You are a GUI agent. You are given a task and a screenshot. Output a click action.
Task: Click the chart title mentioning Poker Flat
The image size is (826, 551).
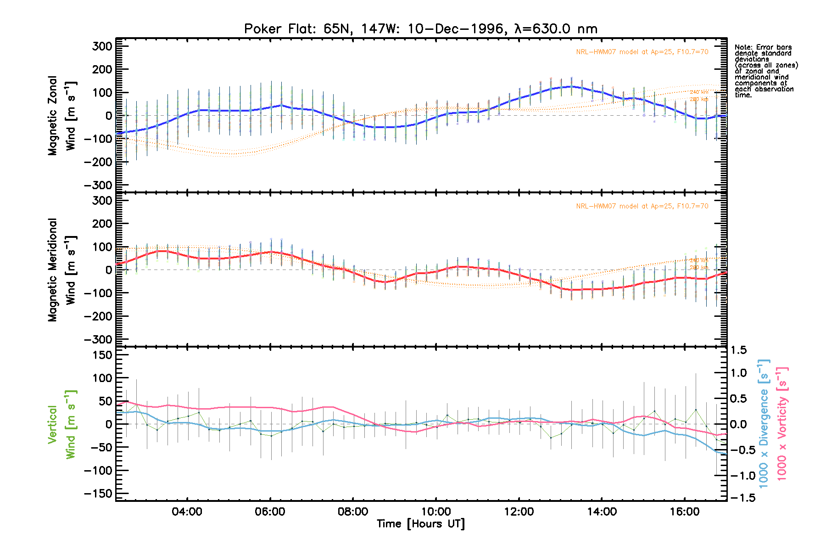(420, 29)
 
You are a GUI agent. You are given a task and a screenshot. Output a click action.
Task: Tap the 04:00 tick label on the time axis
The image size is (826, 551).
(187, 512)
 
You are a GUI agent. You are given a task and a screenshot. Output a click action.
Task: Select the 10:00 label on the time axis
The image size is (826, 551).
(435, 512)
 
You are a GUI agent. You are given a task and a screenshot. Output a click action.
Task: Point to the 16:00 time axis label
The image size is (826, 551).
(684, 512)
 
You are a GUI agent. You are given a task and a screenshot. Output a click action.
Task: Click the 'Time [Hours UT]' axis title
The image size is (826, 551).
(420, 524)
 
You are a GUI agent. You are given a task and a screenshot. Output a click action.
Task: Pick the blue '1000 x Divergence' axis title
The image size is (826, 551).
(764, 423)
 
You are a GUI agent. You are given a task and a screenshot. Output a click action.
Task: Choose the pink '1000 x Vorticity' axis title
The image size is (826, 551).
(782, 423)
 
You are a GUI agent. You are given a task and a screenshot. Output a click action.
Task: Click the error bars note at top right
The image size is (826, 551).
(765, 71)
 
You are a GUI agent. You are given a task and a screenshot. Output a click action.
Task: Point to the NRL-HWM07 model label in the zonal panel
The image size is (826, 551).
(642, 52)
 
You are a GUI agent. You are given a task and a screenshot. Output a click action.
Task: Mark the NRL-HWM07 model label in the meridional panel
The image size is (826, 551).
(642, 206)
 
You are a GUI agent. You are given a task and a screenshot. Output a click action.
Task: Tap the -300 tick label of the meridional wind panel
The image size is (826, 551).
(98, 339)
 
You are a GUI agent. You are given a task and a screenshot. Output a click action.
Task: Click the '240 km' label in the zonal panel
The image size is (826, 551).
(699, 92)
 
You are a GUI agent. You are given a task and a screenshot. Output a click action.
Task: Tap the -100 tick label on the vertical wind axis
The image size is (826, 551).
(98, 471)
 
